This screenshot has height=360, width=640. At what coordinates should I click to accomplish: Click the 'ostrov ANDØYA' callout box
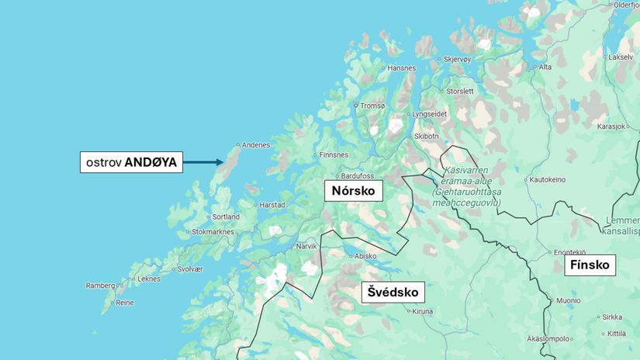point(131,162)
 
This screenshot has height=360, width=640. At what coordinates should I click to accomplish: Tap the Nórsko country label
point(353,190)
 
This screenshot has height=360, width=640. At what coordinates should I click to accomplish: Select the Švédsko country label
point(393,292)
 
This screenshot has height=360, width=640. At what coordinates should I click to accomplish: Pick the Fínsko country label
point(590,265)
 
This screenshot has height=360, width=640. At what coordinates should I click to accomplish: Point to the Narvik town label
point(306,246)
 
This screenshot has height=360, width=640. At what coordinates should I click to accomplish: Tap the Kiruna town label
point(422,311)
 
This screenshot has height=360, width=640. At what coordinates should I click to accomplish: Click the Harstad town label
point(272,205)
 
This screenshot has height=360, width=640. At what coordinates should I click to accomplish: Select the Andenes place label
point(255,145)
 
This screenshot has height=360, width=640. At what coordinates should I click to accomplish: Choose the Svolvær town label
point(189,268)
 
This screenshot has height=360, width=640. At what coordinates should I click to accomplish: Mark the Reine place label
point(124,303)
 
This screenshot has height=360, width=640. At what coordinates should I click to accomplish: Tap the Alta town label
point(545,67)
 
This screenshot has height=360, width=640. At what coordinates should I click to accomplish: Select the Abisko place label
point(365,256)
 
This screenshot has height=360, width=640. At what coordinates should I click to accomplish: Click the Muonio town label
point(567,300)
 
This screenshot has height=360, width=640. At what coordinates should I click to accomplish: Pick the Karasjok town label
point(611,126)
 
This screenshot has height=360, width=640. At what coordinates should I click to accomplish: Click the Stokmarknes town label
point(213,231)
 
